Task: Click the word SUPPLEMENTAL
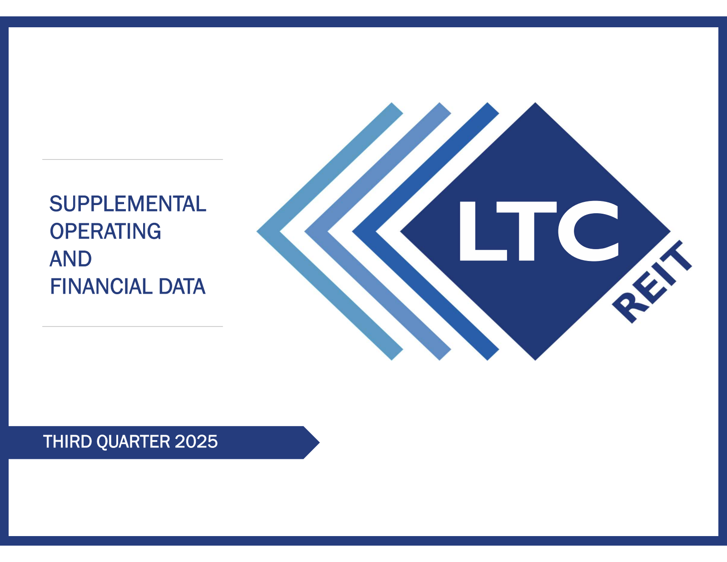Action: point(128,204)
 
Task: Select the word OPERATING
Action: point(105,231)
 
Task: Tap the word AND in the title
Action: point(70,259)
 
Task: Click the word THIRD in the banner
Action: point(68,442)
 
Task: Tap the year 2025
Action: point(196,442)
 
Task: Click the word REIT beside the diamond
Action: point(652,282)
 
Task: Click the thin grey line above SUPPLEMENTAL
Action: point(132,160)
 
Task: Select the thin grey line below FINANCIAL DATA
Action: point(132,326)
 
